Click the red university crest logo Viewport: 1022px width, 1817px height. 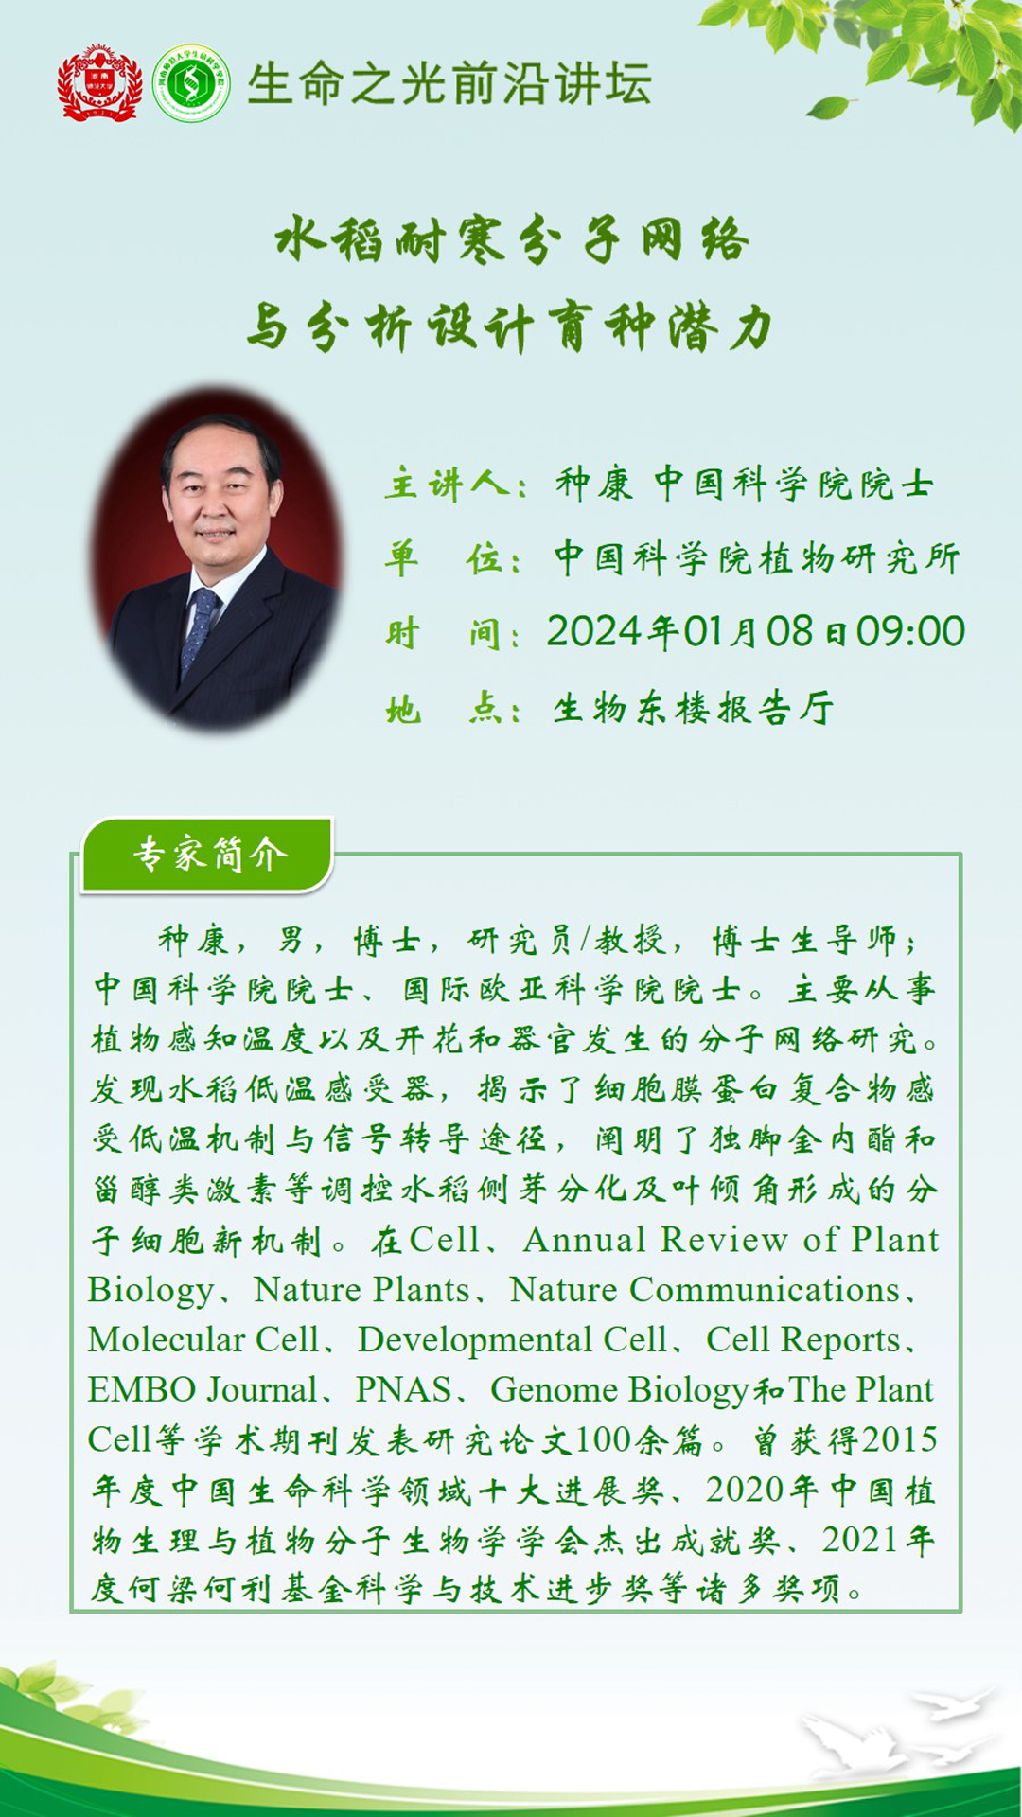tap(99, 82)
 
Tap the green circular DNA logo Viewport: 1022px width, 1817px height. tap(191, 83)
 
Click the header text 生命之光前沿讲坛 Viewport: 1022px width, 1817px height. tap(449, 83)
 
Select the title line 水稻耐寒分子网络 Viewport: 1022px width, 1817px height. tap(512, 238)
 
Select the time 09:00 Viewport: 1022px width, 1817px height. tap(910, 631)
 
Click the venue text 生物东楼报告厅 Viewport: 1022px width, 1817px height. tap(694, 708)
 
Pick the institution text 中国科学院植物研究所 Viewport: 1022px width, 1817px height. tap(757, 558)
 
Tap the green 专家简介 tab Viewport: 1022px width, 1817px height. tap(208, 855)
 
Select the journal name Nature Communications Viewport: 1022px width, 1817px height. tap(705, 1290)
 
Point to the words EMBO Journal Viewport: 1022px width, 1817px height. tap(203, 1390)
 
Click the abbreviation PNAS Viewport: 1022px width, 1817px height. tap(403, 1390)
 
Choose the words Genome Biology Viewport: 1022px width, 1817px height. tap(620, 1390)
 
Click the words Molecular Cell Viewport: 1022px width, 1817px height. tap(203, 1340)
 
